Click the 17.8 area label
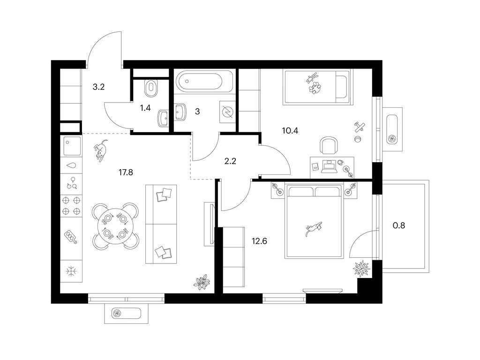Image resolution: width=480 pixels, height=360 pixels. click(126, 172)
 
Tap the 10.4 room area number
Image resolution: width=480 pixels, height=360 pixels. click(290, 131)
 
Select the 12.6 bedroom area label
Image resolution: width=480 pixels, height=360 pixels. click(259, 241)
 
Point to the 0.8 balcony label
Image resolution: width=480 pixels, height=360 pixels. click(399, 225)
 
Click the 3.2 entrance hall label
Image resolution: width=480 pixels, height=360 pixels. click(98, 87)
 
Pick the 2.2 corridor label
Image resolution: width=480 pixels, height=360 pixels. click(230, 161)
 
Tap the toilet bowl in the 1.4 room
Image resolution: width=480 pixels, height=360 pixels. click(150, 88)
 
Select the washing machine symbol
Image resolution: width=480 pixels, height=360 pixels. click(228, 112)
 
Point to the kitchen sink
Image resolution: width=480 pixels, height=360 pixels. click(73, 146)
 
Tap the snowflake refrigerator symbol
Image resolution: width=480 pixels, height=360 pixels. click(71, 271)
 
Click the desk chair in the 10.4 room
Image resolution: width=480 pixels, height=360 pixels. click(329, 146)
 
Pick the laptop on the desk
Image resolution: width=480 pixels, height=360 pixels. click(329, 166)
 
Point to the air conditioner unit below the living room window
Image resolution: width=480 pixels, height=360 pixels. click(127, 314)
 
